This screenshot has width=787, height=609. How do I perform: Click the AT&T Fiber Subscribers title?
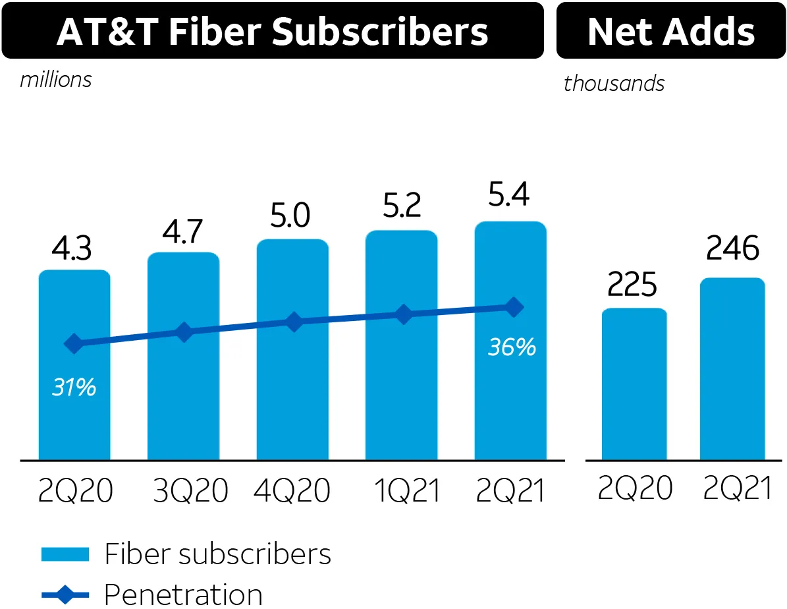[x=272, y=32]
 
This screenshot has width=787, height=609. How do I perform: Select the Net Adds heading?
[x=671, y=32]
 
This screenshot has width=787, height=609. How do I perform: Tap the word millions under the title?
[x=56, y=80]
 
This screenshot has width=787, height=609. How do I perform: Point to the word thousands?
[x=614, y=84]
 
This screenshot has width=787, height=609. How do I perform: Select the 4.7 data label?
[x=183, y=233]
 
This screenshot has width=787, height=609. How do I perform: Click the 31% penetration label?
[x=74, y=388]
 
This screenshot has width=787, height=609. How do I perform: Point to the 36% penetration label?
[x=512, y=347]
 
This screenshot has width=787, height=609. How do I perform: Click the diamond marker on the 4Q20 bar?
[x=294, y=322]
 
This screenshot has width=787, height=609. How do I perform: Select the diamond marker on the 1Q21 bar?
[x=403, y=314]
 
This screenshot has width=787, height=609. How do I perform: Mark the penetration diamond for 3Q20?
[x=184, y=332]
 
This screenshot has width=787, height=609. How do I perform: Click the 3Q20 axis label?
[x=190, y=490]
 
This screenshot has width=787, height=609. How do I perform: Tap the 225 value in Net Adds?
[x=632, y=285]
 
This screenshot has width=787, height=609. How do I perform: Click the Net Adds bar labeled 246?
[x=732, y=369]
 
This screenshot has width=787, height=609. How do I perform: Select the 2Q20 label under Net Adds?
[x=635, y=488]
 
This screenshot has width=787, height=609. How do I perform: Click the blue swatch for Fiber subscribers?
[x=65, y=554]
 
